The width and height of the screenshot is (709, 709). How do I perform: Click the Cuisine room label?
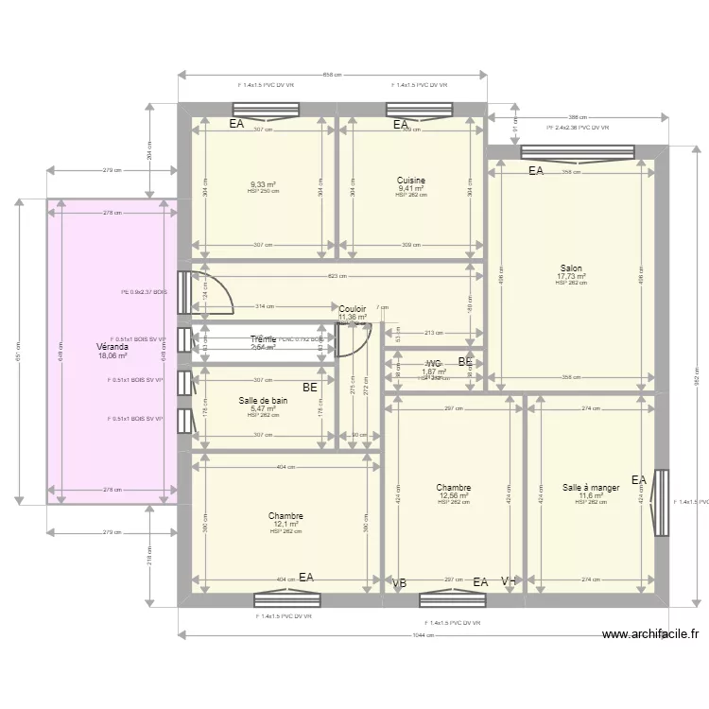pos(411,181)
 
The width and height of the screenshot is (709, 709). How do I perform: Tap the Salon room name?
pos(571,268)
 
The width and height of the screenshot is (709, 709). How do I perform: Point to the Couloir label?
pos(353,309)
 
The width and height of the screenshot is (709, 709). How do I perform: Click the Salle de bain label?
pos(263,401)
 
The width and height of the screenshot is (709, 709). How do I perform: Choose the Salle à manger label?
pos(591,488)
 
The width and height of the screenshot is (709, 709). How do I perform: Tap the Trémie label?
pos(263,339)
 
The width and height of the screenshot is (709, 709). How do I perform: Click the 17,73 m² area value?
pos(571,277)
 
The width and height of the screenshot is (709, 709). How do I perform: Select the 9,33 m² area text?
pos(263,185)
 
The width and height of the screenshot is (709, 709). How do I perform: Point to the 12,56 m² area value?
pos(454,496)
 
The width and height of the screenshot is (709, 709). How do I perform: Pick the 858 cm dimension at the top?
pos(332,75)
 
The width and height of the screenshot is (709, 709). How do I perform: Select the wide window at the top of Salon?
pos(577,151)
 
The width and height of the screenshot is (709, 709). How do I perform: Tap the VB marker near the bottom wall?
pos(400,583)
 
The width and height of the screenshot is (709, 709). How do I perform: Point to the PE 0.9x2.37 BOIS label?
pos(145,292)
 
